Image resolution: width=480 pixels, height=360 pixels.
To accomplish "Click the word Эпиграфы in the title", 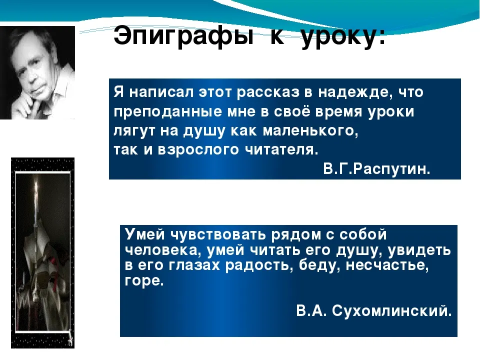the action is (183, 36).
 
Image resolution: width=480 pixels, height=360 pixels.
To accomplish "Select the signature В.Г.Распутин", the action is (376, 168).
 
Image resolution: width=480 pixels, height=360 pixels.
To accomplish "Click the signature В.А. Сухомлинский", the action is (374, 310).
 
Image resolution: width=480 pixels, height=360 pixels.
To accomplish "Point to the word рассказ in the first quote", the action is (268, 92).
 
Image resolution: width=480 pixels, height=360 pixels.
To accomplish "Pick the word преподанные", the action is (168, 111).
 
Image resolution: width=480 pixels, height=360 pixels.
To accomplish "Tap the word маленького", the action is (310, 131).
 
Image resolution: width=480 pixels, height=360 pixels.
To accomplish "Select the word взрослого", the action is (198, 150).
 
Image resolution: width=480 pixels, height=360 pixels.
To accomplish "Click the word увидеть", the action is (419, 250).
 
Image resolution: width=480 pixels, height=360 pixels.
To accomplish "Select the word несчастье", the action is (387, 265).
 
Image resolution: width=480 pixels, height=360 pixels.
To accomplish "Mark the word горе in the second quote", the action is (144, 280).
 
